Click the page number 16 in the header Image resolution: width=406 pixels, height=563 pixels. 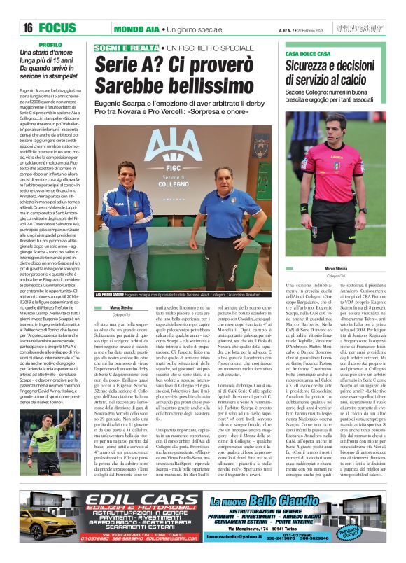[x=28, y=28]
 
